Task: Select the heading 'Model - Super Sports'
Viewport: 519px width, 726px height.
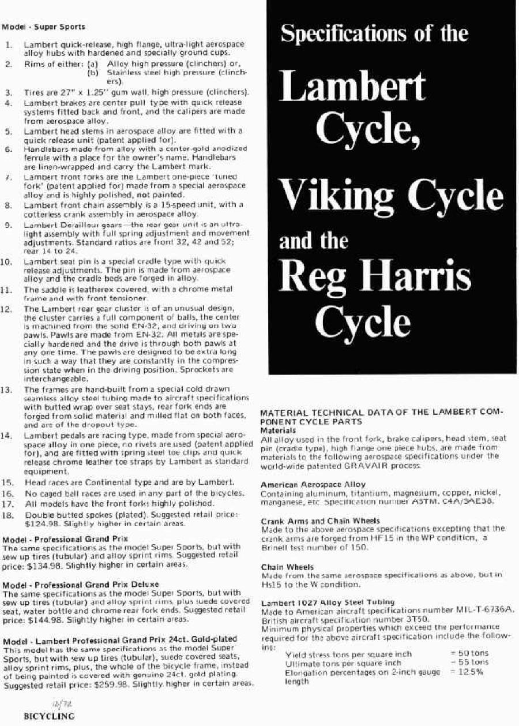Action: coord(44,27)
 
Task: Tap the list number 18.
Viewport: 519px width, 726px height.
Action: coord(8,515)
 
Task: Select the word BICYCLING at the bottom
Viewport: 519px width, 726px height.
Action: coord(49,716)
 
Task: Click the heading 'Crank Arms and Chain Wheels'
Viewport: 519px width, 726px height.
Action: coord(311,521)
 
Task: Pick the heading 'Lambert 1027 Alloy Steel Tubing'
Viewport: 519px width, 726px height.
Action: coord(328,602)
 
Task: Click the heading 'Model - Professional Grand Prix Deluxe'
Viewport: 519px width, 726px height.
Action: coord(81,584)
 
